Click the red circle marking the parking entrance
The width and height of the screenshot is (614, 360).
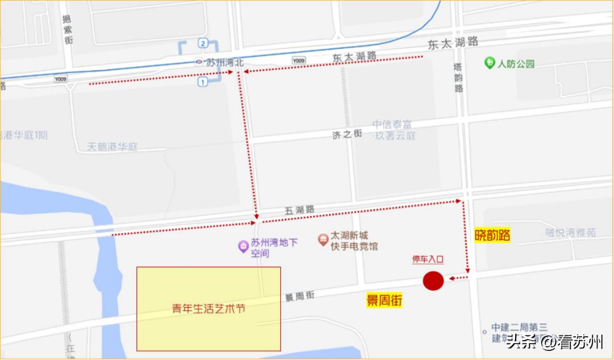(433, 281)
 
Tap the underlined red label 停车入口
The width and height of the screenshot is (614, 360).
(428, 259)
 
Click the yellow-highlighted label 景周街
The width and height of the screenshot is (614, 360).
(384, 300)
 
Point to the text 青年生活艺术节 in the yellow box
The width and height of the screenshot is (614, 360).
(209, 309)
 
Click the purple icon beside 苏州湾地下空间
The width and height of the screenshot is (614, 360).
(243, 246)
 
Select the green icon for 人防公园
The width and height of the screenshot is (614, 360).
(489, 63)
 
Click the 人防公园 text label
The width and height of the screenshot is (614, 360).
(516, 64)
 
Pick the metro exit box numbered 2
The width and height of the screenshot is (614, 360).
(202, 44)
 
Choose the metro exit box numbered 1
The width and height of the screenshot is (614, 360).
(202, 82)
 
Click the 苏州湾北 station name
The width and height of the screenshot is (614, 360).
(224, 63)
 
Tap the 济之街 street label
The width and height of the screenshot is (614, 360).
(347, 134)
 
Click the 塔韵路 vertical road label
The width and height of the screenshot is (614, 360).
(458, 77)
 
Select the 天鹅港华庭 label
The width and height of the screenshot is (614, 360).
(113, 147)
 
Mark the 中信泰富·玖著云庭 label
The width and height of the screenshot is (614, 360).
(394, 130)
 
